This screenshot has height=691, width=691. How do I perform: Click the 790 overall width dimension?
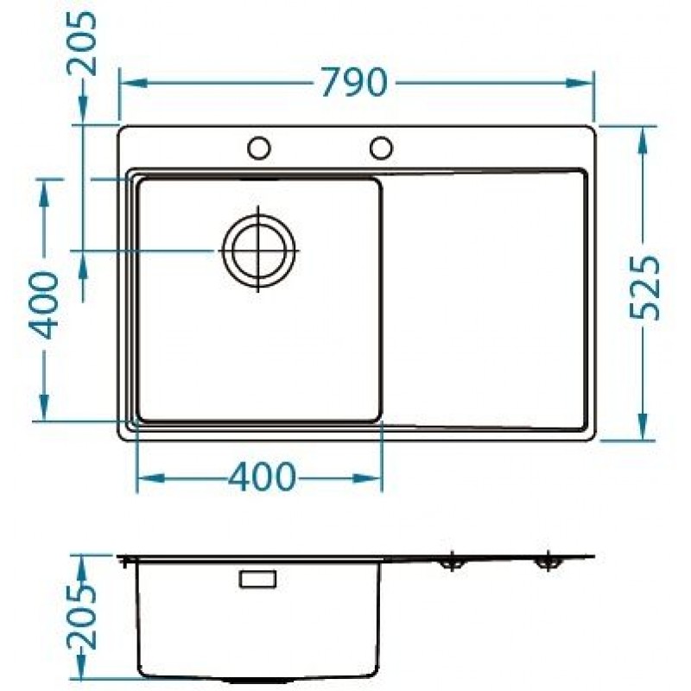click(355, 82)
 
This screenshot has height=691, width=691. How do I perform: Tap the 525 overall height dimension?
click(644, 288)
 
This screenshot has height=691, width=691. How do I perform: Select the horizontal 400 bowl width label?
click(262, 477)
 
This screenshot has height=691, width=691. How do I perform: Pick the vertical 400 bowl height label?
click(43, 306)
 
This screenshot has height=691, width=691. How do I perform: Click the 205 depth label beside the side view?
click(81, 617)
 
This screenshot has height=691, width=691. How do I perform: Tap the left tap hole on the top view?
click(258, 148)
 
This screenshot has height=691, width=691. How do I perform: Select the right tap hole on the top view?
click(381, 147)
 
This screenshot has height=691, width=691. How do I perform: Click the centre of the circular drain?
click(258, 250)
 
